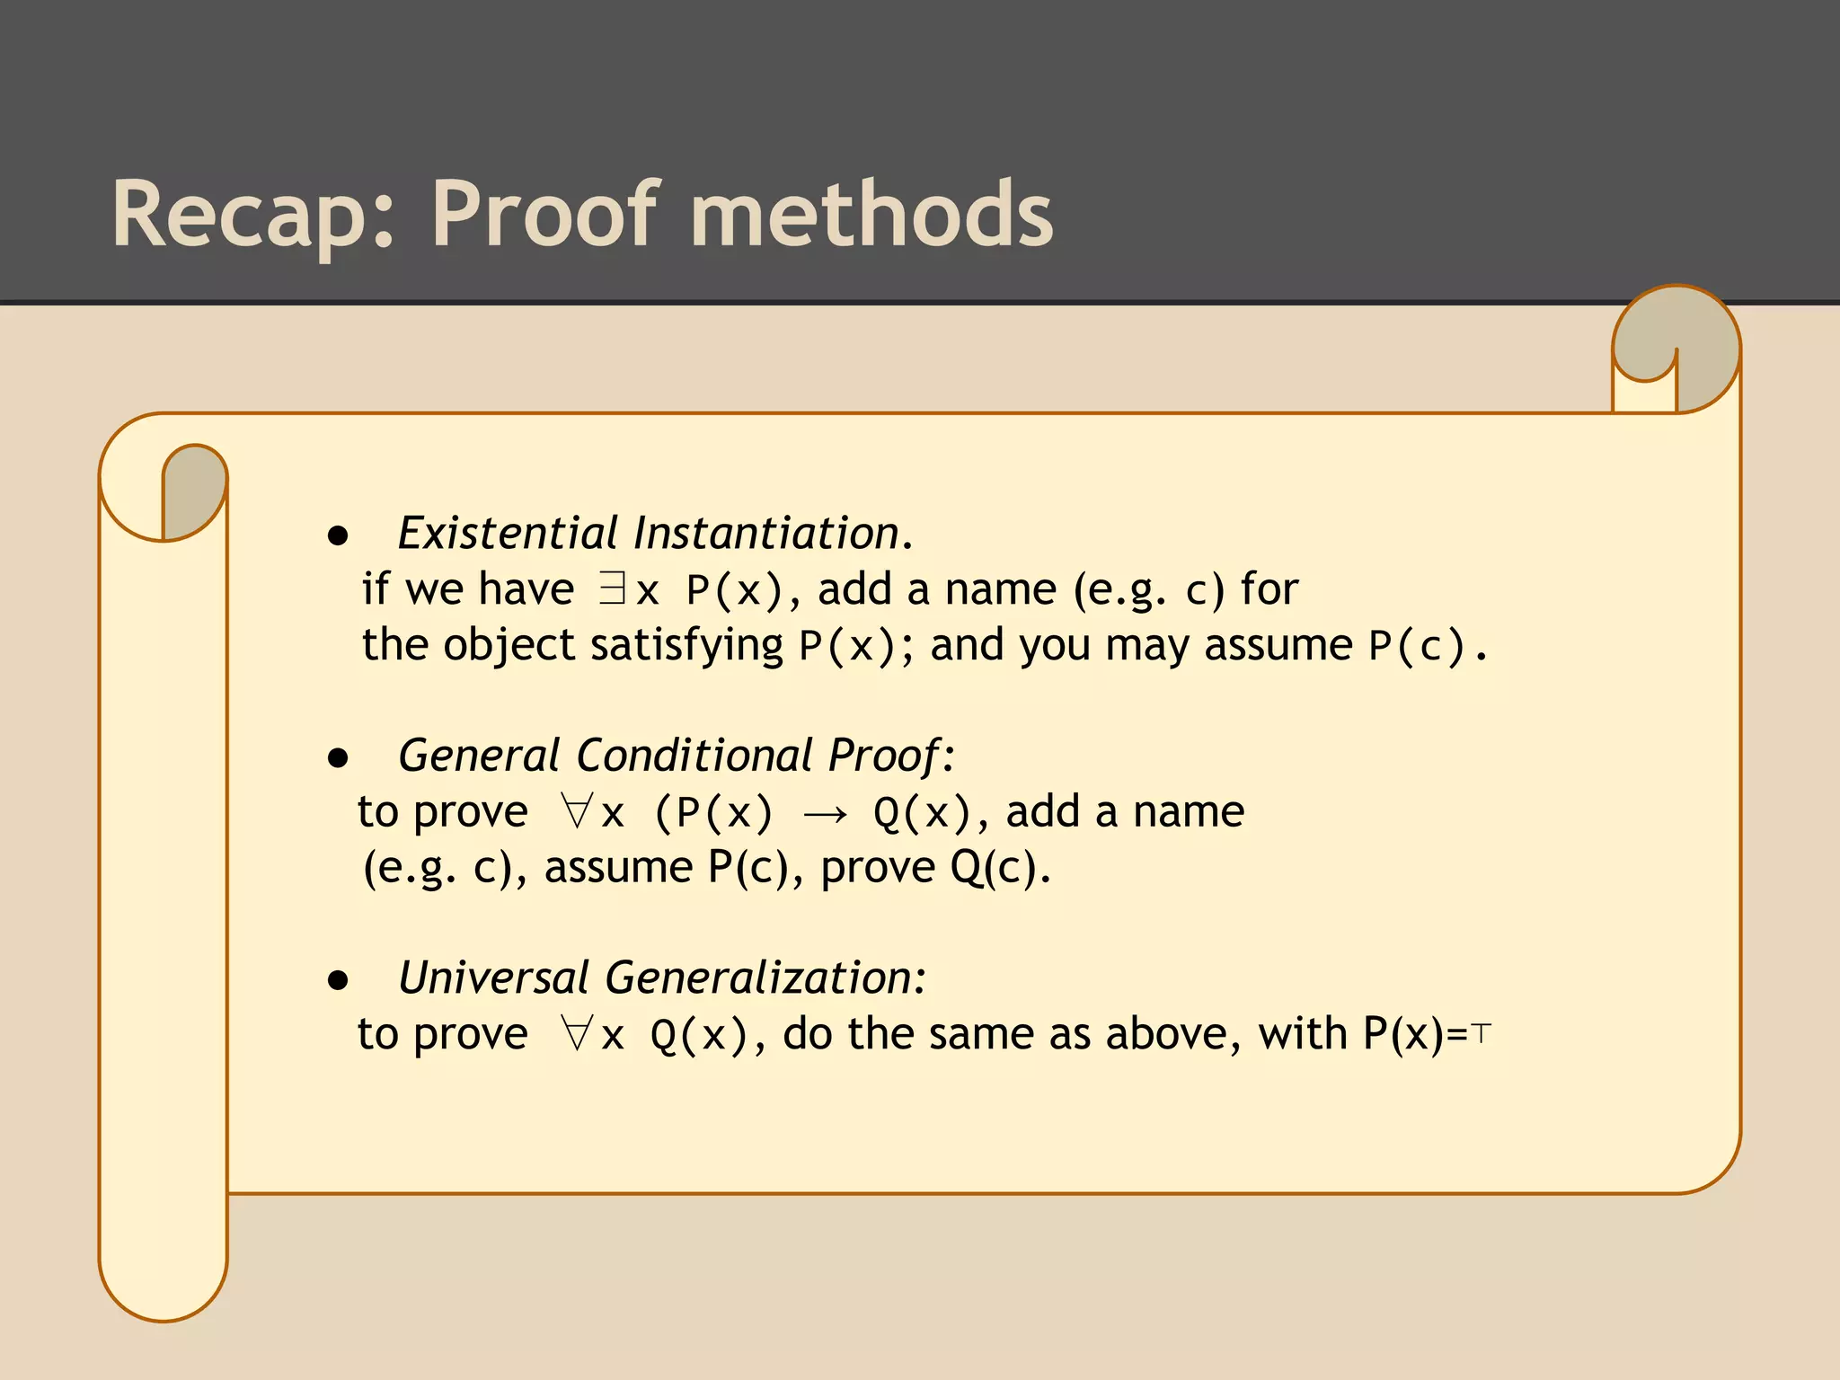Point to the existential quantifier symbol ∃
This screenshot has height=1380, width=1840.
click(612, 589)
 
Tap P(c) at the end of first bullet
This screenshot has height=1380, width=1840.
click(1417, 646)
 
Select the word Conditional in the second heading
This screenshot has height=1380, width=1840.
click(694, 755)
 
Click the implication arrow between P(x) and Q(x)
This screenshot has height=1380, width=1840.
click(824, 814)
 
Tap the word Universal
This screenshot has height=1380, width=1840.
click(493, 977)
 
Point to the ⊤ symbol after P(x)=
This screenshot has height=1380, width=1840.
click(1482, 1034)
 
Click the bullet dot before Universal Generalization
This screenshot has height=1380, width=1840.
click(338, 979)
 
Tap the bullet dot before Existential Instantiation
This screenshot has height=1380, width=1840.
click(338, 536)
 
